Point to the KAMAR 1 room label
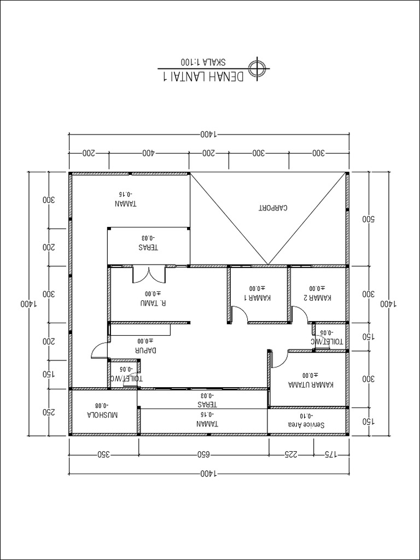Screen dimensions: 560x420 click(257, 298)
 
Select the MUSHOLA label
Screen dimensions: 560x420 click(103, 415)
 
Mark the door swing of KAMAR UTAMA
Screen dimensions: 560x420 click(279, 358)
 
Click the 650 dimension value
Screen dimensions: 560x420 click(203, 454)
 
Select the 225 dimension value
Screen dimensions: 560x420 click(291, 454)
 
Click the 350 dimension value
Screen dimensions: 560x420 click(103, 454)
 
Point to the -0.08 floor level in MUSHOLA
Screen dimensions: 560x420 click(101, 406)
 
